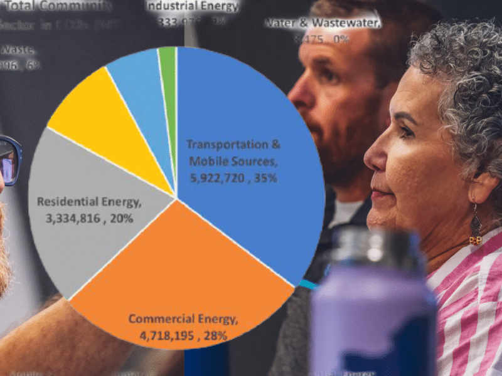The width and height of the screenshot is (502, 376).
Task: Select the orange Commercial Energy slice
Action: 182,269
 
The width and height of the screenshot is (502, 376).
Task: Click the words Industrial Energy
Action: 193,7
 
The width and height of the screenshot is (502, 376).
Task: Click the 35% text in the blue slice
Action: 265,178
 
